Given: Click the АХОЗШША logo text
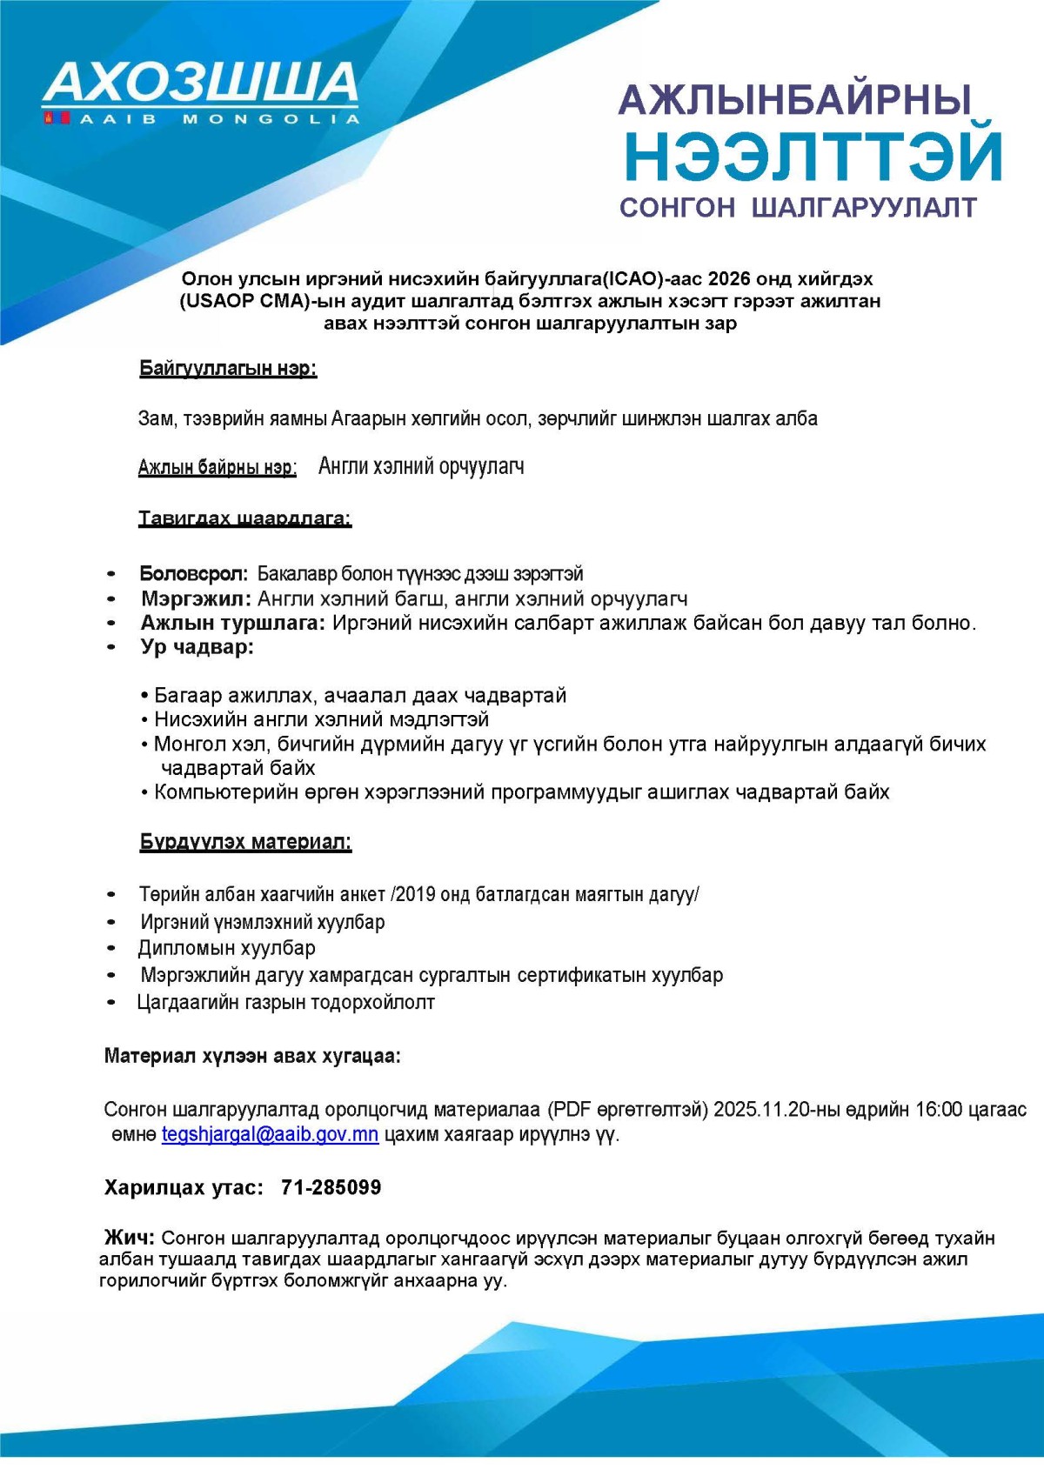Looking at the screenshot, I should pos(201,83).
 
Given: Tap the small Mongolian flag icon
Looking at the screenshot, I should pos(57,117).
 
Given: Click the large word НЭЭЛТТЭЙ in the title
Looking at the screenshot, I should pos(813,156).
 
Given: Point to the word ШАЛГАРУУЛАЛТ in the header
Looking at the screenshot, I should pos(864,208).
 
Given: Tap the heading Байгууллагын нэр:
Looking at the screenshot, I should pos(228,369).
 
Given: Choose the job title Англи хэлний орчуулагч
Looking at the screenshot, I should pos(421,466).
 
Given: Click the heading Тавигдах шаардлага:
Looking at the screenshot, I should pos(244,518).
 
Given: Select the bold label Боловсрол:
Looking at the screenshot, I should pos(193,574).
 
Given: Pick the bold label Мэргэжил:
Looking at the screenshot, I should pos(196,598).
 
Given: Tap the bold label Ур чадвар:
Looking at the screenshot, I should pos(197,647).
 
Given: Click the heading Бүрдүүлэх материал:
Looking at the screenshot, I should pos(245,842).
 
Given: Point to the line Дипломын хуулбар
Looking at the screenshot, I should pos(226,948).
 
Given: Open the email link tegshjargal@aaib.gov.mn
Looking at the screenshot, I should pos(270,1135).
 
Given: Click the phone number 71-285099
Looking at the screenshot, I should pos(331,1187).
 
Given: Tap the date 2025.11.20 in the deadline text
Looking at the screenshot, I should pos(761,1110).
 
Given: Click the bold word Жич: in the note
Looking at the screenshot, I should pos(130,1238).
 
